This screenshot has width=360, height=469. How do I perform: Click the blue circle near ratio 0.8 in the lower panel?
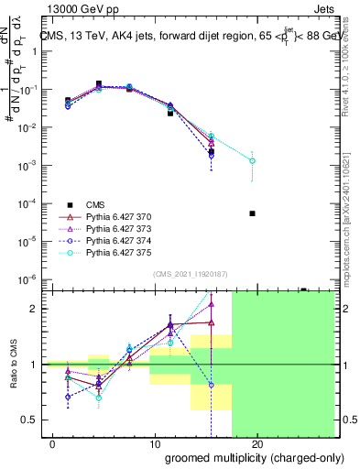point(212,385)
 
